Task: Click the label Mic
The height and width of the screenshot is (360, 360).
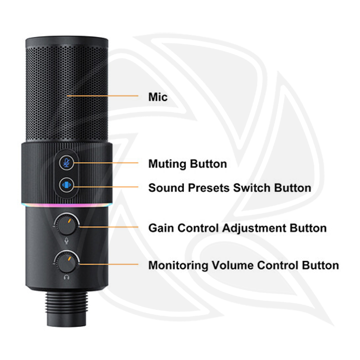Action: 158,96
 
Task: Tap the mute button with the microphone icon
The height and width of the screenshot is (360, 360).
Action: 66,162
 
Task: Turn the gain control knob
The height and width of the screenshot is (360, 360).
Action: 67,223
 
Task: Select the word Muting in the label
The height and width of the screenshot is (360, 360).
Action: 167,164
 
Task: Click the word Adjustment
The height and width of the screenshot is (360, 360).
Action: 255,228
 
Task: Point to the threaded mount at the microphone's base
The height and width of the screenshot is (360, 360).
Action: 66,305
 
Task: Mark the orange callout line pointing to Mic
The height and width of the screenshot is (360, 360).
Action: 102,95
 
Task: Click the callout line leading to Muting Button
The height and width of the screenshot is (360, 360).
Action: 105,162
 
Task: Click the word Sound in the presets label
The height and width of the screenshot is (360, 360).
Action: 164,188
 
